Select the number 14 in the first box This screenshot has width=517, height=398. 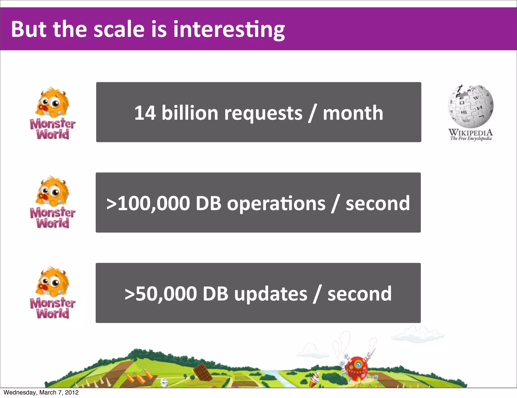[x=145, y=113]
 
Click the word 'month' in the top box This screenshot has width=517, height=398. [x=353, y=113]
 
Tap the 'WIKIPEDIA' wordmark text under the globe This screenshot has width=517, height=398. [x=471, y=132]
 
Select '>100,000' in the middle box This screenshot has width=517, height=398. [x=148, y=203]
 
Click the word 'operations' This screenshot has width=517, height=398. [x=276, y=204]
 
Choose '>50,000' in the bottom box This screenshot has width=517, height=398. [x=161, y=294]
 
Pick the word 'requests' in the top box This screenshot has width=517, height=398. [x=263, y=113]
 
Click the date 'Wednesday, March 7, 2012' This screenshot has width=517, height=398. [x=41, y=392]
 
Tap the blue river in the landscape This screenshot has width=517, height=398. [x=278, y=378]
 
